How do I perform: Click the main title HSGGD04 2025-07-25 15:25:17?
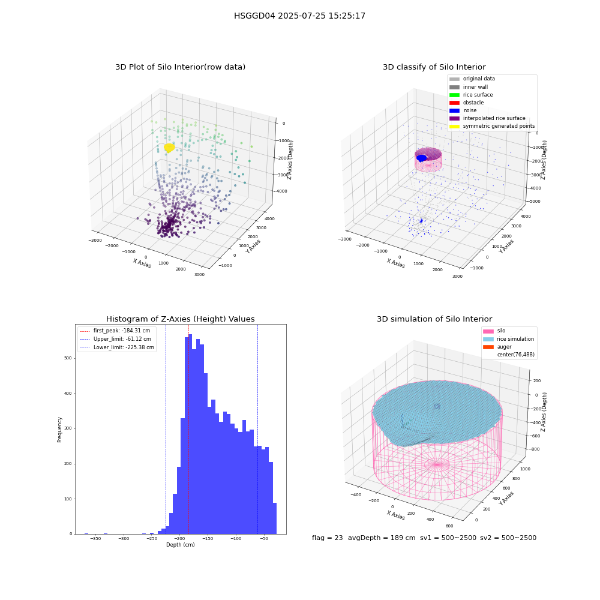pos(299,16)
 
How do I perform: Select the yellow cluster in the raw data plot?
pos(169,148)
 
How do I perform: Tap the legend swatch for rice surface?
pos(454,95)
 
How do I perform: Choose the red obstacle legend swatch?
pos(454,103)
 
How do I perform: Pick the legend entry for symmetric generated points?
pos(492,126)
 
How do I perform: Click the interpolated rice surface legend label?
pos(494,118)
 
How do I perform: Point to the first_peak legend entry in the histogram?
pos(115,331)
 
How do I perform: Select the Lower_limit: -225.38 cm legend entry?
pos(117,347)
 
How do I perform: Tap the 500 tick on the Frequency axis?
pos(68,358)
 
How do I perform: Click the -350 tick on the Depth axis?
pos(95,538)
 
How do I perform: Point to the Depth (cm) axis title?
pos(180,545)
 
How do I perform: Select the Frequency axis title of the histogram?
pos(59,430)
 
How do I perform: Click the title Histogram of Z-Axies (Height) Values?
pos(180,319)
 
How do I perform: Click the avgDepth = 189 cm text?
pos(382,538)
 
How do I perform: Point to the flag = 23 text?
pos(327,538)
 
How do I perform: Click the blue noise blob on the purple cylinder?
pos(421,158)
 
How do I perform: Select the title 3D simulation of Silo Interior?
pos(434,319)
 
